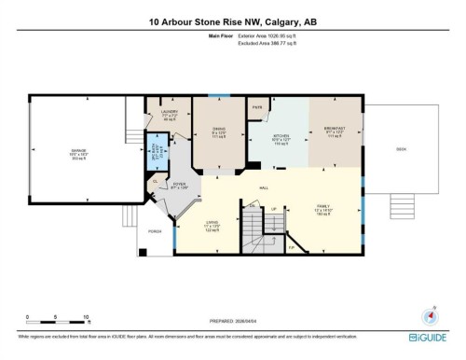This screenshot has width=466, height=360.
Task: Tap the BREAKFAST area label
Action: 333,130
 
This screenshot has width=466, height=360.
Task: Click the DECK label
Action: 402,148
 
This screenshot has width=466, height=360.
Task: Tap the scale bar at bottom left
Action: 58,313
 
